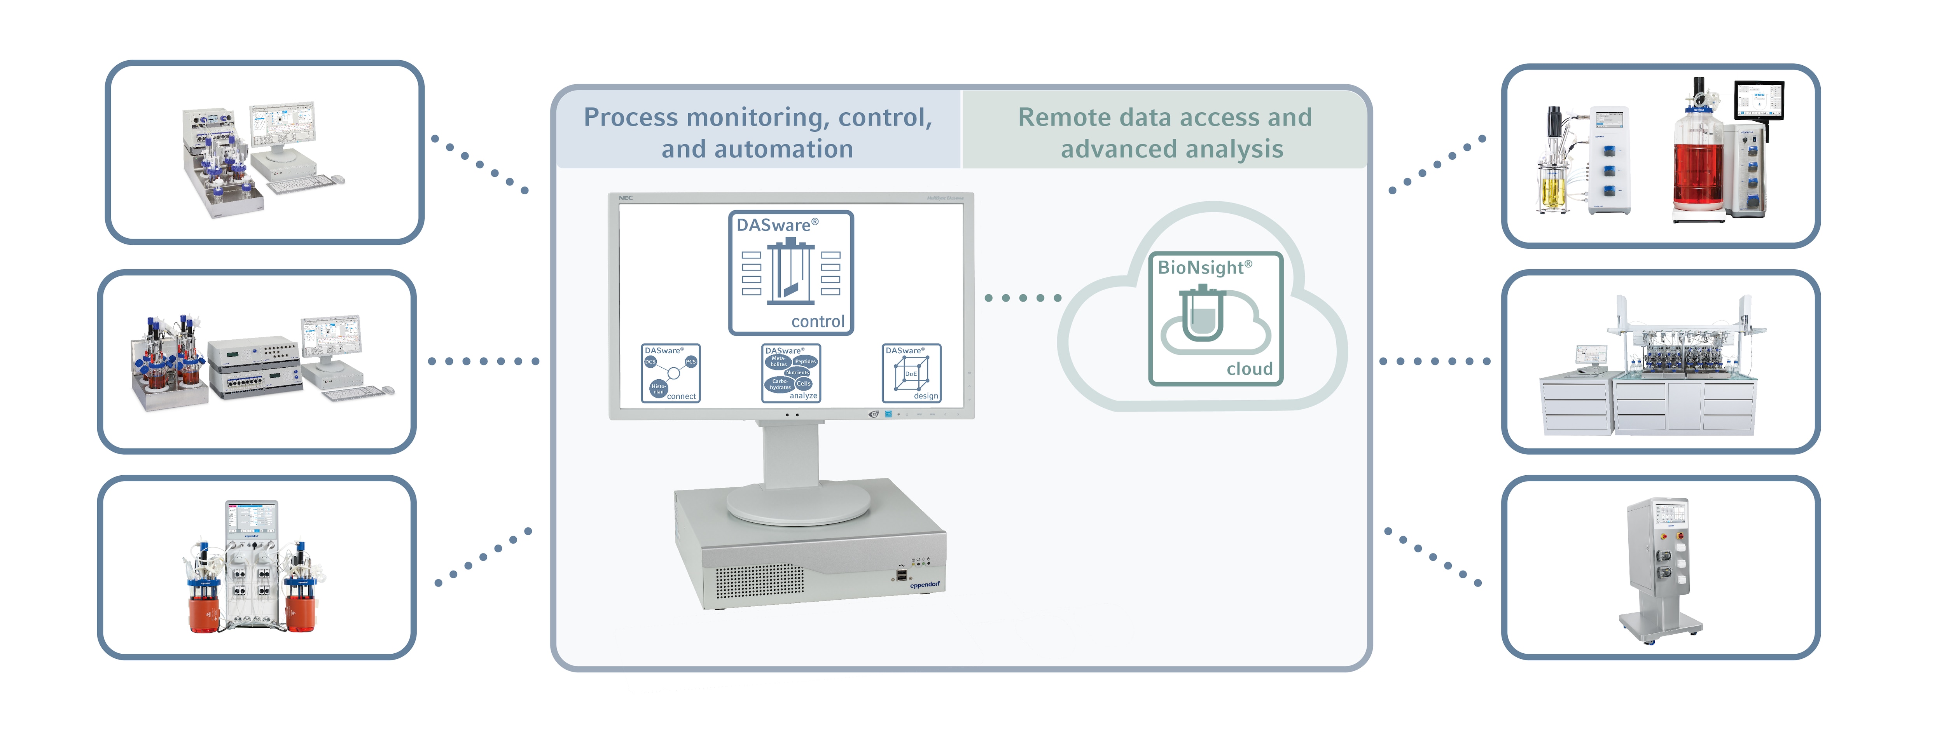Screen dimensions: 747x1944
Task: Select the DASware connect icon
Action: pyautogui.click(x=670, y=373)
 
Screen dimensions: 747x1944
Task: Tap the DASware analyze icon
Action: pyautogui.click(x=791, y=373)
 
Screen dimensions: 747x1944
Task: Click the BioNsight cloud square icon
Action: pyautogui.click(x=1215, y=318)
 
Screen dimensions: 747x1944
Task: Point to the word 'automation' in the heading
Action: pyautogui.click(x=783, y=149)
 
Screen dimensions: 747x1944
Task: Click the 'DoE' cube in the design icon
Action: pyautogui.click(x=911, y=373)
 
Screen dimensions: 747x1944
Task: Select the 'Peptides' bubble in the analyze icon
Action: pyautogui.click(x=804, y=361)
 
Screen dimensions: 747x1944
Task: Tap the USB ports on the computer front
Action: pyautogui.click(x=901, y=576)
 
